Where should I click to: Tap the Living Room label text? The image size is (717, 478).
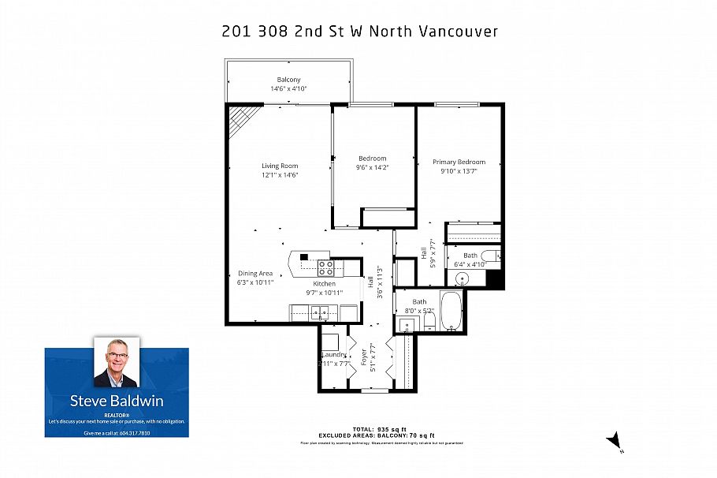280,166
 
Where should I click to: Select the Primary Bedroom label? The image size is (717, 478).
459,162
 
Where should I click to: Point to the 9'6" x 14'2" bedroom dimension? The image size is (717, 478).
373,167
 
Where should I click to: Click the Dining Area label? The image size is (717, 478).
255,273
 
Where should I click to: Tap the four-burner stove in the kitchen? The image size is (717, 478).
326,267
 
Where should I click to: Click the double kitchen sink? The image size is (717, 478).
320,313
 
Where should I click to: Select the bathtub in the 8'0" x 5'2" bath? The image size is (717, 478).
451,311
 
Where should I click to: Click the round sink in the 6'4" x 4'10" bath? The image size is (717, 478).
462,279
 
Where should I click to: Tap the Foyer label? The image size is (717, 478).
364,356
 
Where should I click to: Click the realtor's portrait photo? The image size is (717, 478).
116,363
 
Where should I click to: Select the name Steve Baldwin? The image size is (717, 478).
116,401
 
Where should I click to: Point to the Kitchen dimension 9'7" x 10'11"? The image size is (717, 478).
324,293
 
